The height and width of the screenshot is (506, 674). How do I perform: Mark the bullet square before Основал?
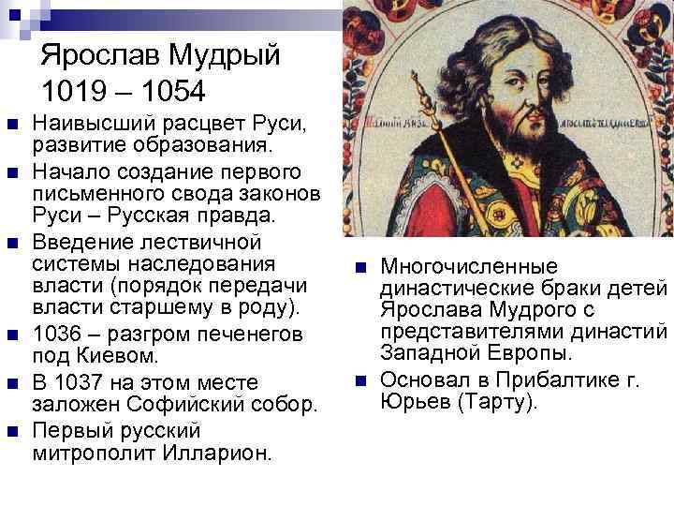point(360,380)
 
